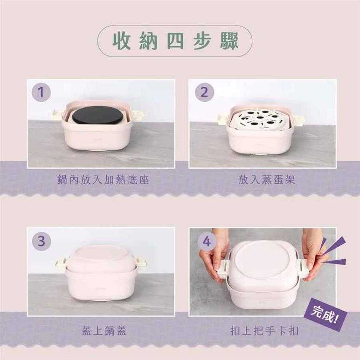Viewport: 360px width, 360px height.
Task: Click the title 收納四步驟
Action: (x=175, y=42)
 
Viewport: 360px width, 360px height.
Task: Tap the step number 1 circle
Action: (x=42, y=92)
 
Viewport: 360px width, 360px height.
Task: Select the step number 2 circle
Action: (x=204, y=92)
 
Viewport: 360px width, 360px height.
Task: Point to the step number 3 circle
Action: (x=42, y=241)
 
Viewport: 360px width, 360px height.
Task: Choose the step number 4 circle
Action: (x=207, y=242)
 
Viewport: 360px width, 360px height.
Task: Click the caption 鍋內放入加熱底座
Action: (x=103, y=180)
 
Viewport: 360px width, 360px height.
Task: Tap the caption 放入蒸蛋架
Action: (x=266, y=180)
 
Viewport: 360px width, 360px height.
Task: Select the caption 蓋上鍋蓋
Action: (x=104, y=331)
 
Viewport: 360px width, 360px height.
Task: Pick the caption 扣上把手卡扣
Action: (x=264, y=331)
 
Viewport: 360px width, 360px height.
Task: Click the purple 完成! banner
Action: (x=325, y=314)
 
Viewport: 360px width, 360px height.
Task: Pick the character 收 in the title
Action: (x=122, y=42)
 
